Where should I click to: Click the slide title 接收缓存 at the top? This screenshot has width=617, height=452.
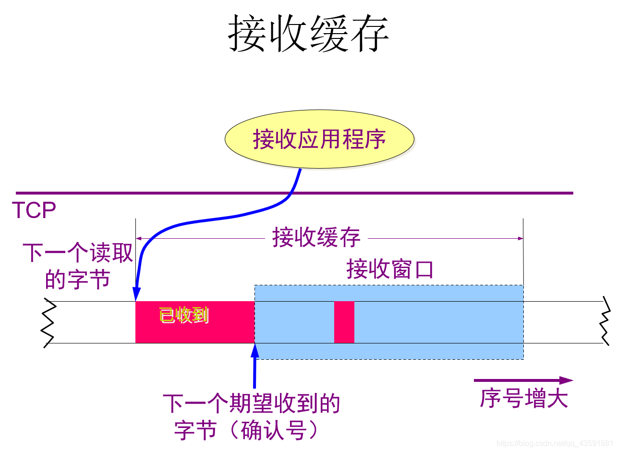pyautogui.click(x=308, y=33)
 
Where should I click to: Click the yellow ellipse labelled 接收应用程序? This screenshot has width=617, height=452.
pyautogui.click(x=319, y=140)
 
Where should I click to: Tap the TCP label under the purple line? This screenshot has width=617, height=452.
pyautogui.click(x=34, y=210)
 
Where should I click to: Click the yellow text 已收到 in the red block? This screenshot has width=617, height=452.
pyautogui.click(x=184, y=315)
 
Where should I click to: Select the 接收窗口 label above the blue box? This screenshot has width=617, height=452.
pyautogui.click(x=390, y=269)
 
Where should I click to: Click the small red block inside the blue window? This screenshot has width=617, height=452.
pyautogui.click(x=344, y=322)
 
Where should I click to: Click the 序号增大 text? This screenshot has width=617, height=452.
pyautogui.click(x=523, y=398)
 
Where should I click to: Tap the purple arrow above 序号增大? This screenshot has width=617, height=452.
pyautogui.click(x=523, y=380)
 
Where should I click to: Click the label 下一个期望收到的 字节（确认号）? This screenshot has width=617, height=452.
pyautogui.click(x=252, y=417)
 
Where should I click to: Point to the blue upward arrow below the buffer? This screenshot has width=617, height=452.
pyautogui.click(x=254, y=370)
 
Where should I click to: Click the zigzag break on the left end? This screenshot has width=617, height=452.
pyautogui.click(x=48, y=322)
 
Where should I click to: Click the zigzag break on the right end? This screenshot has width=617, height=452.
pyautogui.click(x=606, y=322)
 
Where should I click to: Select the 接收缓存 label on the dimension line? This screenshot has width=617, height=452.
pyautogui.click(x=316, y=238)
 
